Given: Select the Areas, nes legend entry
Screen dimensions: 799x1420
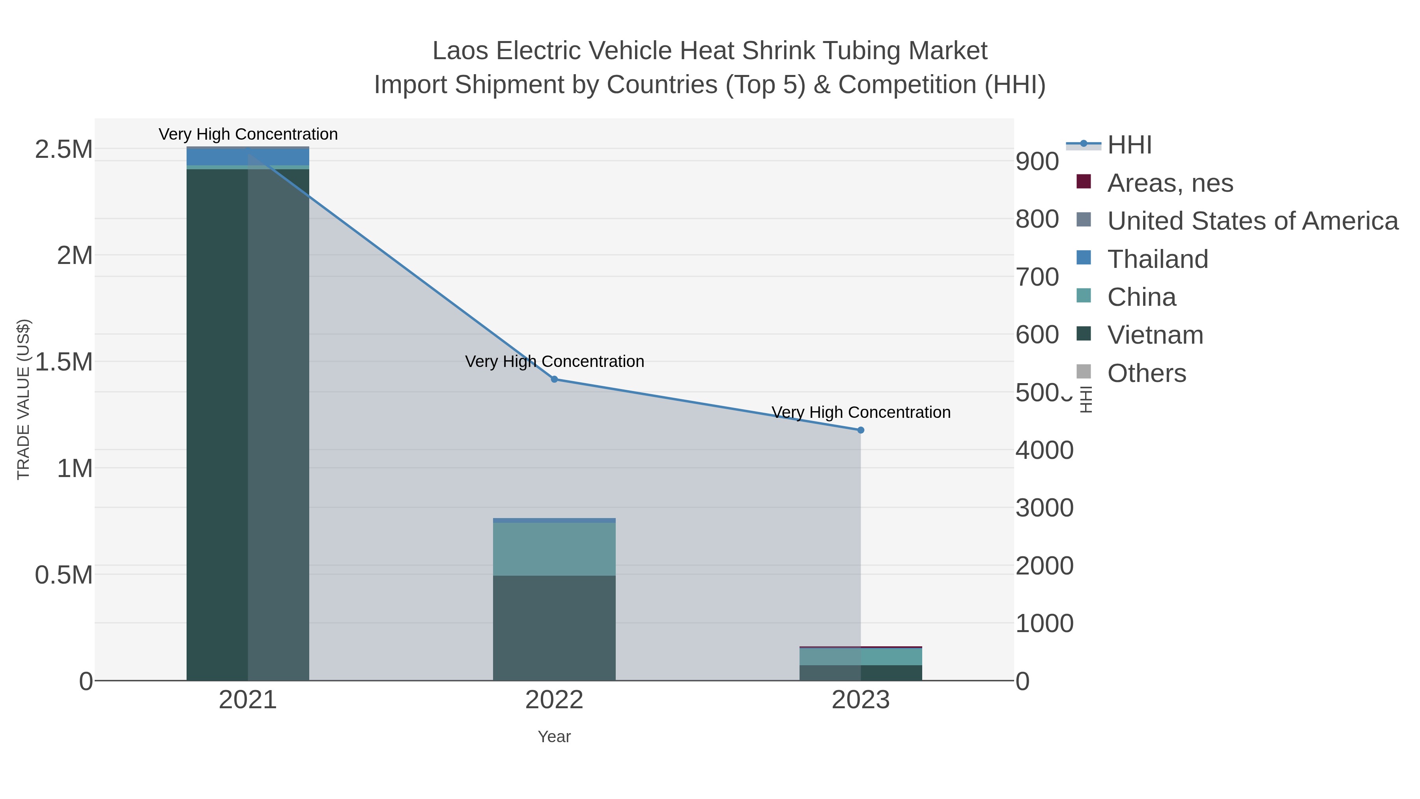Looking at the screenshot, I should click(x=1170, y=183).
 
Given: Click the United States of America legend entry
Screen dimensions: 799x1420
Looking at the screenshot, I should click(x=1252, y=221).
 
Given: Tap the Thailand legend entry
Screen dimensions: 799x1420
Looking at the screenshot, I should click(x=1158, y=259).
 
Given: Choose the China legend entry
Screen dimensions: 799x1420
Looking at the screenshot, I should click(x=1142, y=297).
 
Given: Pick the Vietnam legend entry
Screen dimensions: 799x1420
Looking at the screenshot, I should click(x=1155, y=335).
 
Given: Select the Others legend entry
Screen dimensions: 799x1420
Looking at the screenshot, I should click(x=1147, y=373).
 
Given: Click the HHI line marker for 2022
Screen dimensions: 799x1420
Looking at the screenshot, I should click(x=554, y=379).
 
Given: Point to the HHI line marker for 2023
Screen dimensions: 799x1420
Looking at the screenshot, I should click(x=861, y=430).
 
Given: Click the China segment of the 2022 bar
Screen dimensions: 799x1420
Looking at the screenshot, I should click(x=554, y=549).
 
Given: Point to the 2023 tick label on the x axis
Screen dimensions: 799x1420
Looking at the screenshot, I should click(x=861, y=701).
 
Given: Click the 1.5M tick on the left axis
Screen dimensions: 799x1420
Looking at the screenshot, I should click(x=64, y=362).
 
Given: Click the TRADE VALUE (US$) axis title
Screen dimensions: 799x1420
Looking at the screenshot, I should click(x=23, y=399).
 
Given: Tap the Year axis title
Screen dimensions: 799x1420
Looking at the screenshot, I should click(x=554, y=737).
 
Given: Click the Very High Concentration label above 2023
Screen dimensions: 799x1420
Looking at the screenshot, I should click(x=861, y=412).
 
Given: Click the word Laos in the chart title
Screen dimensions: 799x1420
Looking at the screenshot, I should click(x=460, y=51).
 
